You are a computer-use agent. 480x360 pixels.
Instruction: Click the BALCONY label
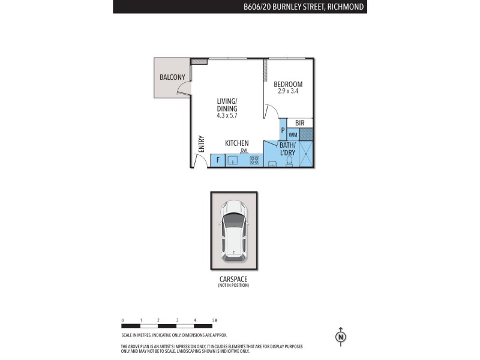(172, 77)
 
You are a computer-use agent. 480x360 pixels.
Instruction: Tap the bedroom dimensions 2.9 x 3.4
(288, 92)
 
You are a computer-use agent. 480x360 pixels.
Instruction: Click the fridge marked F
(218, 161)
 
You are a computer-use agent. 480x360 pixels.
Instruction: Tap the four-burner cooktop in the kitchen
(254, 160)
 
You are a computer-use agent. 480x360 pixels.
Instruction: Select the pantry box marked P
(283, 131)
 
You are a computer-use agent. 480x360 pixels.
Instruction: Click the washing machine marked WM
(293, 135)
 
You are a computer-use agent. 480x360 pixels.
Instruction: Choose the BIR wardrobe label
(300, 123)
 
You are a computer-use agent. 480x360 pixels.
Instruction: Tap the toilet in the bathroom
(289, 161)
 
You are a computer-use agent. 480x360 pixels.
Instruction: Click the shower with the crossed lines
(306, 154)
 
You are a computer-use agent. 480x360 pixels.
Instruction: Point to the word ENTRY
(202, 144)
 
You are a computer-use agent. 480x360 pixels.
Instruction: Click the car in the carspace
(233, 230)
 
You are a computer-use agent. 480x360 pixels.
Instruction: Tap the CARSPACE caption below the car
(233, 280)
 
